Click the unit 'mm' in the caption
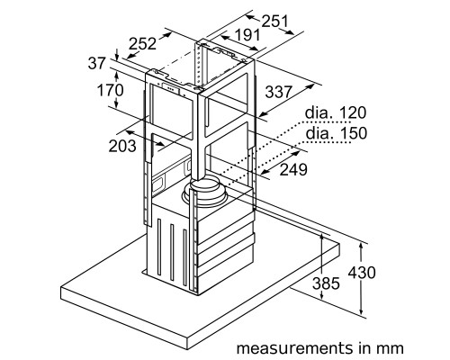tap(391, 345)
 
